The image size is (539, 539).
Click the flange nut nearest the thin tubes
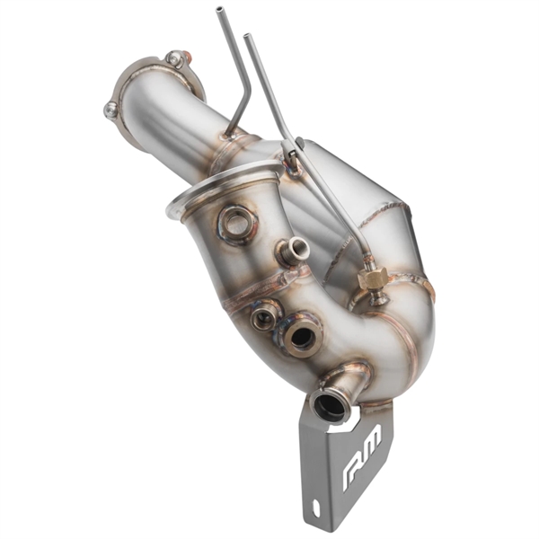click(x=176, y=59)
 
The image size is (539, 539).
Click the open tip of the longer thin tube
click(x=246, y=37)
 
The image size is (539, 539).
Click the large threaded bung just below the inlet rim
click(x=235, y=222)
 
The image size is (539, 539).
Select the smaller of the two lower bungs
click(x=264, y=317)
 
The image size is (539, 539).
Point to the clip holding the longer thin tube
click(x=292, y=161)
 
